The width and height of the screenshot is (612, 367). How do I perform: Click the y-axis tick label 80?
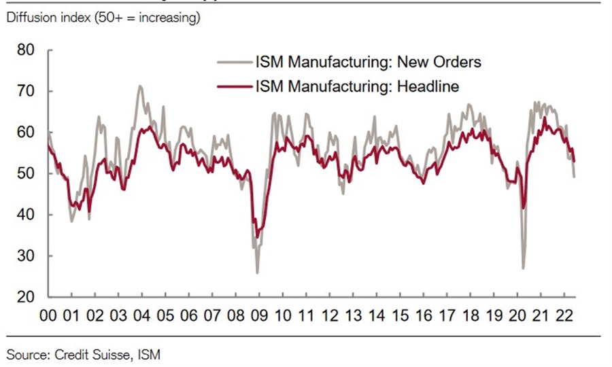(x=26, y=50)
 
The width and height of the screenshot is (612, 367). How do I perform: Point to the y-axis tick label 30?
(x=26, y=256)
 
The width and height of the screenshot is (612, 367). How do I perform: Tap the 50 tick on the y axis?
(x=26, y=174)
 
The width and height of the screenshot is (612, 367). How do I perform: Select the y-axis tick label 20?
(x=26, y=298)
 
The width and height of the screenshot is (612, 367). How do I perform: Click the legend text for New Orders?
(x=368, y=63)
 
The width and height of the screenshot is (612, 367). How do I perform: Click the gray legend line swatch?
(x=234, y=63)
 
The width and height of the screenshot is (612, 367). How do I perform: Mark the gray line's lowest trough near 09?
(x=257, y=273)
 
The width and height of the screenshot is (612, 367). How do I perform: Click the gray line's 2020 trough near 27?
(x=523, y=268)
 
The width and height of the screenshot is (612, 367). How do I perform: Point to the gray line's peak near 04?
(x=140, y=86)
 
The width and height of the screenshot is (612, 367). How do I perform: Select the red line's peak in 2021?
(x=544, y=118)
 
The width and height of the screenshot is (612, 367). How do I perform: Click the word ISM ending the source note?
(x=150, y=353)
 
